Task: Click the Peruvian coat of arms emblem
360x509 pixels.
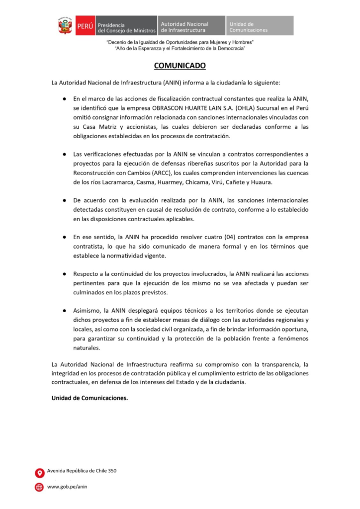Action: click(65, 26)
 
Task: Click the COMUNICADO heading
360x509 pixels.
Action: click(180, 66)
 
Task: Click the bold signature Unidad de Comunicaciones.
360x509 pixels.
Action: click(90, 397)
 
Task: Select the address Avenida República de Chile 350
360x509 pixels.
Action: click(82, 471)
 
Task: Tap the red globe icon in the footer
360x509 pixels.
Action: click(39, 487)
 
